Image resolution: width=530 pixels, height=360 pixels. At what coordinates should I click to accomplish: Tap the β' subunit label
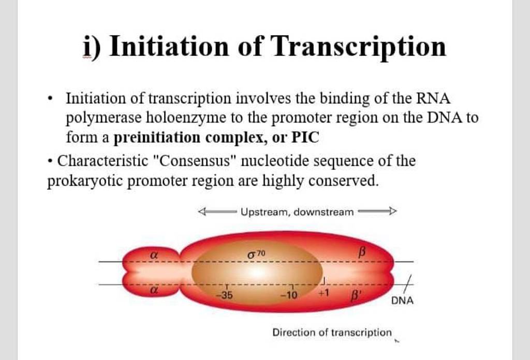coord(356,296)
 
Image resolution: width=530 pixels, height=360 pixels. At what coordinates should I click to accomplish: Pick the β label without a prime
coord(362,252)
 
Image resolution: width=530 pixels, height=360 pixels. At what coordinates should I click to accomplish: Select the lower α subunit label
coord(153,291)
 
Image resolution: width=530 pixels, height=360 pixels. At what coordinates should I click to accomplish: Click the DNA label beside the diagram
coord(402,300)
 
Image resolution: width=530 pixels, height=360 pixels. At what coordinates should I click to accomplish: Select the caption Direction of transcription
coord(332,333)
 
